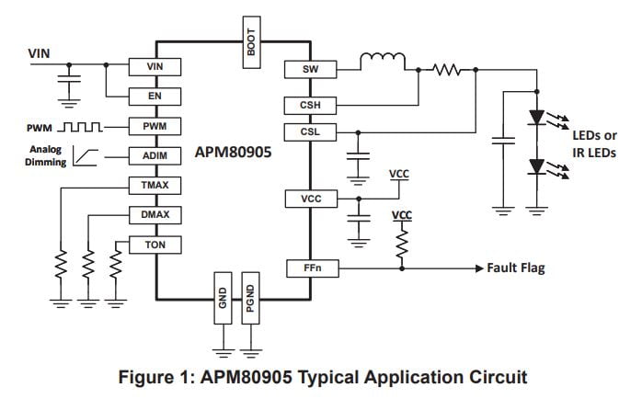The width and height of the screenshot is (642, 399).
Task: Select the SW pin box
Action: click(x=310, y=69)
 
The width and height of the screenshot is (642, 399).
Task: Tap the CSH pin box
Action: click(x=310, y=105)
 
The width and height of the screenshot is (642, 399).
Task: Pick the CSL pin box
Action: click(x=310, y=132)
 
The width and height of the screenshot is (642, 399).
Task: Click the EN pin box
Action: click(x=155, y=96)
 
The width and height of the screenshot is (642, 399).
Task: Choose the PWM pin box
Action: click(x=155, y=126)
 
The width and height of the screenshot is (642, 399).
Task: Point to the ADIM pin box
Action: click(x=155, y=155)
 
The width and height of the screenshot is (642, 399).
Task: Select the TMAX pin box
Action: click(x=155, y=186)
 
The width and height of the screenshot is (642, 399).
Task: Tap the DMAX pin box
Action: click(x=155, y=215)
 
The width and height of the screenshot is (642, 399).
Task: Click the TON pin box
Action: click(x=155, y=245)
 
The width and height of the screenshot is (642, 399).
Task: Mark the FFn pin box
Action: click(x=310, y=268)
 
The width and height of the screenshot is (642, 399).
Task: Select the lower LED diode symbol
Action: click(x=537, y=166)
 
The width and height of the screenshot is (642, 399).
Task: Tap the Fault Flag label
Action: click(x=515, y=268)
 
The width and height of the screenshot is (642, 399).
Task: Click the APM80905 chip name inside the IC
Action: click(x=234, y=152)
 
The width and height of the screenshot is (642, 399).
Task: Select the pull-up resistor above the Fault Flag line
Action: click(x=401, y=243)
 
